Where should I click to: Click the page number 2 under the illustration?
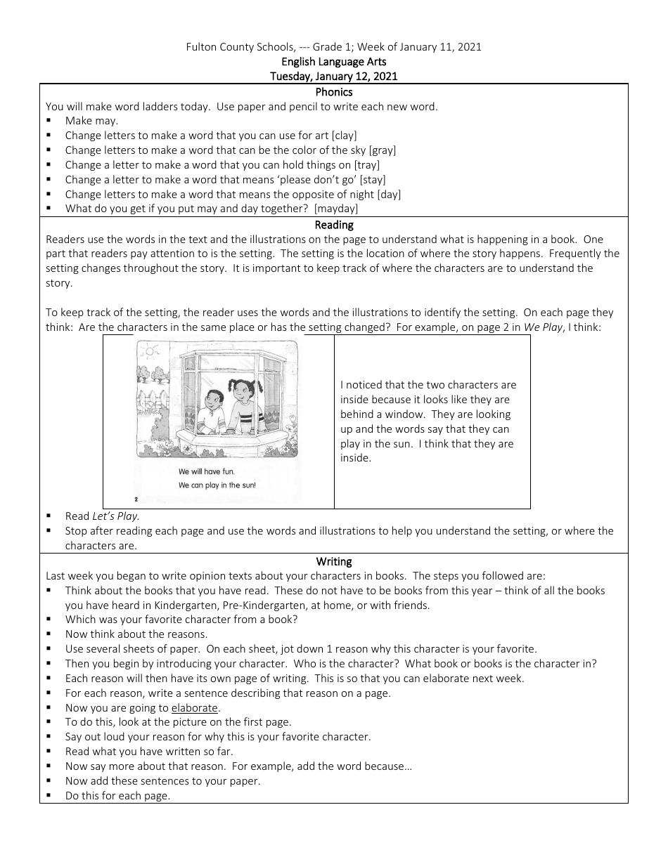click(x=136, y=499)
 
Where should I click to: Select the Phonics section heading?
click(x=333, y=92)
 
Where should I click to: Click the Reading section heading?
click(x=333, y=225)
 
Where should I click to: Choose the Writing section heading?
click(x=333, y=561)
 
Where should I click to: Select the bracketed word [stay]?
click(x=372, y=180)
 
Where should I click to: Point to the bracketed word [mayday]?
click(x=335, y=209)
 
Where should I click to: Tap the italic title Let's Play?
click(x=116, y=516)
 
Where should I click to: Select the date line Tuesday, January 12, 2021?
click(x=333, y=77)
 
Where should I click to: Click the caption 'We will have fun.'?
click(x=206, y=471)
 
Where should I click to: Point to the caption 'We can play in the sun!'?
click(x=217, y=485)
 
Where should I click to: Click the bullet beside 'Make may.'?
click(x=49, y=121)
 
